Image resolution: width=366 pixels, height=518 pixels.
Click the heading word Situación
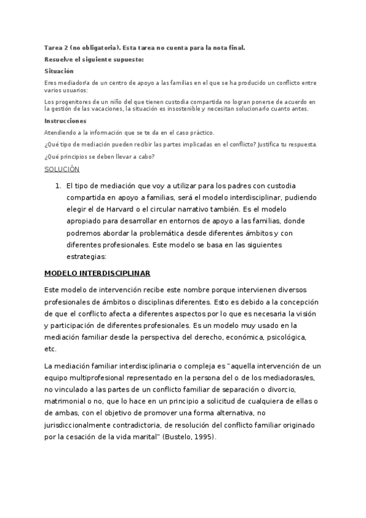[59, 71]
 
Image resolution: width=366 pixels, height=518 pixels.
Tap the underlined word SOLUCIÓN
[62, 169]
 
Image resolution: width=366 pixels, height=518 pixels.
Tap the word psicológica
[284, 337]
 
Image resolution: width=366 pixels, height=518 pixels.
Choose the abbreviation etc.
[50, 349]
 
